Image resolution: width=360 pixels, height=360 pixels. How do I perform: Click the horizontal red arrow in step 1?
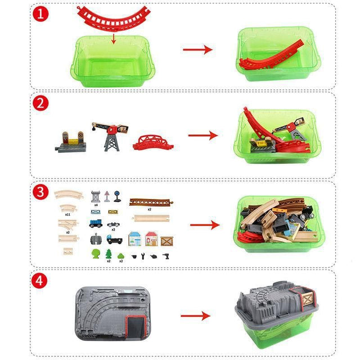click(x=197, y=49)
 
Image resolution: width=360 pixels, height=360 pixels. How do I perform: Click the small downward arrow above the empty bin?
click(x=114, y=38)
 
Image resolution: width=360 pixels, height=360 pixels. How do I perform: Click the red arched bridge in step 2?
click(x=152, y=142)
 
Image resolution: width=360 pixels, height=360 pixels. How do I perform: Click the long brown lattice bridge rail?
click(x=150, y=201)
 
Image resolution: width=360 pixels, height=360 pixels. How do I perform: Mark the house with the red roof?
click(x=151, y=238)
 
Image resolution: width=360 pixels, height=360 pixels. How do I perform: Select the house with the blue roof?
click(x=135, y=238)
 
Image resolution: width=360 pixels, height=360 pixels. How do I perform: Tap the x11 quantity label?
click(x=68, y=214)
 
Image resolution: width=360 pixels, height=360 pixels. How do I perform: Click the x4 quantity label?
click(x=96, y=205)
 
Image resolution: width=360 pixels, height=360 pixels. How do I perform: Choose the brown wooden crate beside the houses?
click(x=167, y=241)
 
